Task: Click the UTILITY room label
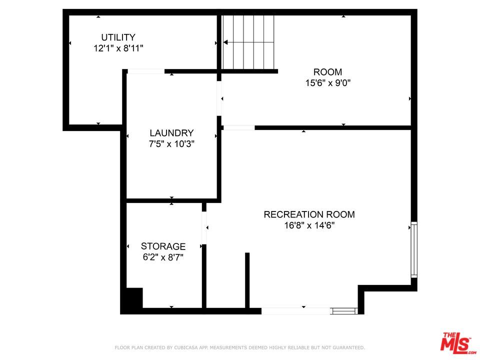click(x=118, y=37)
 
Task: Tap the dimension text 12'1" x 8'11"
click(x=118, y=48)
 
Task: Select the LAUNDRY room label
click(x=171, y=133)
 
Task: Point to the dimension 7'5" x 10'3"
click(x=171, y=144)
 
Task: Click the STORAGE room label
click(x=163, y=246)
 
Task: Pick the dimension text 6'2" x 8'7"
click(x=163, y=257)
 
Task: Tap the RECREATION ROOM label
click(x=309, y=214)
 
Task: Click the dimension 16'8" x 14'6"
click(x=309, y=225)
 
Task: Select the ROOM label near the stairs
click(x=327, y=72)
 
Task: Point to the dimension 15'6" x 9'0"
click(x=327, y=83)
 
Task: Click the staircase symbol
click(x=248, y=42)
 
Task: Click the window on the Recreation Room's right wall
click(x=413, y=250)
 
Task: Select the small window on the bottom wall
click(x=344, y=311)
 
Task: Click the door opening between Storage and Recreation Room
click(x=204, y=228)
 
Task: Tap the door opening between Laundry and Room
click(x=219, y=98)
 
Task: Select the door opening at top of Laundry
click(x=145, y=71)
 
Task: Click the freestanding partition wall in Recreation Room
click(x=247, y=280)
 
